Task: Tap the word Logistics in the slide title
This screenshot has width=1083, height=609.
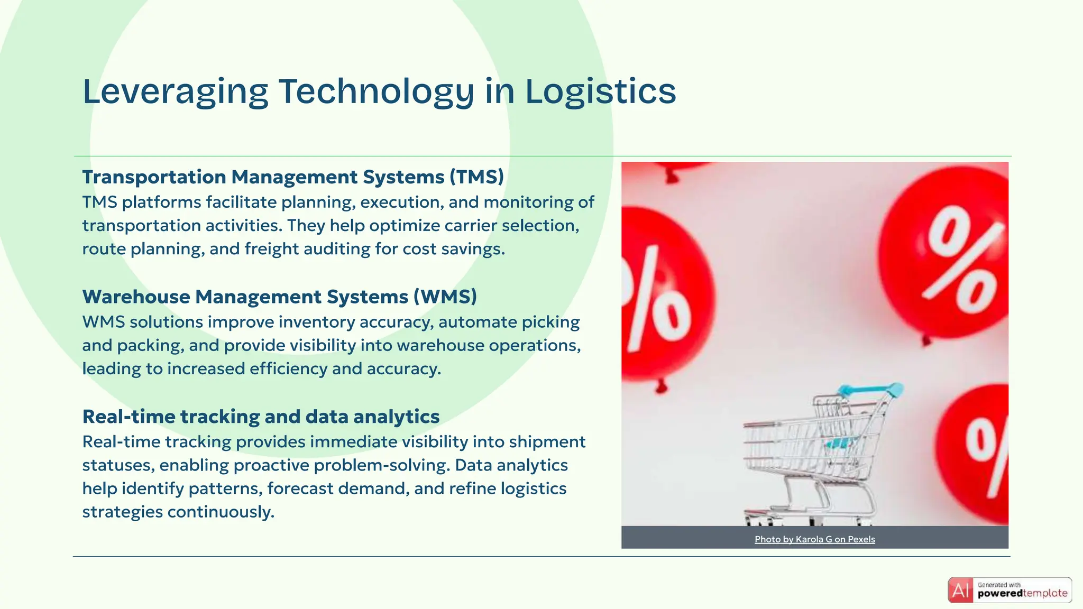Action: click(x=600, y=92)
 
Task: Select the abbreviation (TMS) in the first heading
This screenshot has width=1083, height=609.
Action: click(x=476, y=177)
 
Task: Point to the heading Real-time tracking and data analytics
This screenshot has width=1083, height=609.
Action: click(x=261, y=417)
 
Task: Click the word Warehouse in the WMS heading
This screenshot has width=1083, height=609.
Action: click(x=136, y=297)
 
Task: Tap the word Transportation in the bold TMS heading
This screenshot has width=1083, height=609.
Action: click(x=154, y=177)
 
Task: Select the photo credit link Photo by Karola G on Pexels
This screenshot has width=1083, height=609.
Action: click(x=814, y=539)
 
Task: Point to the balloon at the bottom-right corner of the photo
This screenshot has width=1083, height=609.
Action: click(x=981, y=449)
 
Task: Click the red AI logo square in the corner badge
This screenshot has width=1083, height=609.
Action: click(x=960, y=590)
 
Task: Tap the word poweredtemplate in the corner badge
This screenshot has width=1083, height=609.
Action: click(x=1022, y=594)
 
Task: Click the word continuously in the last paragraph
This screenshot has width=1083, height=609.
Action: click(x=221, y=512)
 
